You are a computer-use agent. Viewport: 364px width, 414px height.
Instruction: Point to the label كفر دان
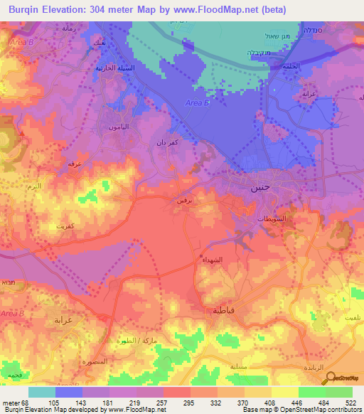(x=166, y=142)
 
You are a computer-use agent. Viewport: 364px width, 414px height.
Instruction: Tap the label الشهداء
(x=213, y=261)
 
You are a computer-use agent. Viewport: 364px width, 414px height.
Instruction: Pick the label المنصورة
(x=94, y=361)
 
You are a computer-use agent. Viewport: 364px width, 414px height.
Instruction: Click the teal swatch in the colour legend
(x=41, y=392)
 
